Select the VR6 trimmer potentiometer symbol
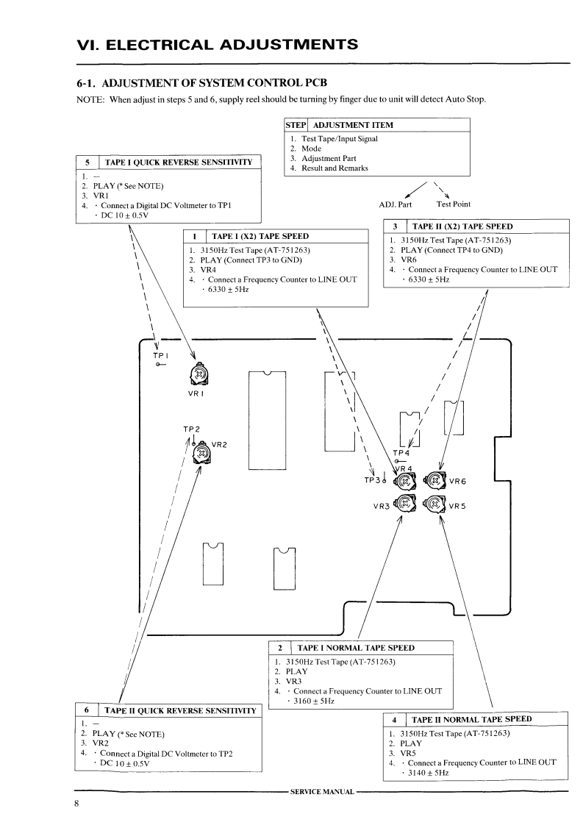pyautogui.click(x=435, y=482)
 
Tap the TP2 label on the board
pyautogui.click(x=192, y=429)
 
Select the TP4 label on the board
pyautogui.click(x=401, y=453)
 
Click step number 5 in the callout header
pyautogui.click(x=88, y=162)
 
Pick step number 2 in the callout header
pyautogui.click(x=280, y=648)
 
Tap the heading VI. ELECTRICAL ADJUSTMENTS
pyautogui.click(x=218, y=44)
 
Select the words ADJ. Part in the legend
pyautogui.click(x=395, y=204)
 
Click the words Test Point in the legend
pyautogui.click(x=454, y=204)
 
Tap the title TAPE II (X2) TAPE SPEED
pyautogui.click(x=462, y=226)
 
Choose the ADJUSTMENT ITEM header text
pyautogui.click(x=353, y=125)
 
